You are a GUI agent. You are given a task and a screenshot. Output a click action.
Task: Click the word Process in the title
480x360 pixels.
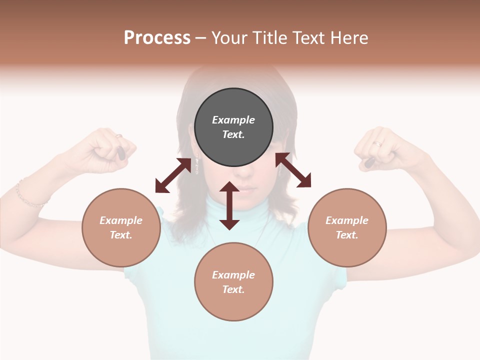(x=157, y=38)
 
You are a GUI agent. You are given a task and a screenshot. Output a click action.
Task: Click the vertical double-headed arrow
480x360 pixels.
(x=229, y=206)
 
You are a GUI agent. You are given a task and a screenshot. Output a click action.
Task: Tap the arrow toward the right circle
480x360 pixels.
(x=293, y=170)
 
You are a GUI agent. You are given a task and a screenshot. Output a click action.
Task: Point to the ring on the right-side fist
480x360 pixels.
(x=377, y=143)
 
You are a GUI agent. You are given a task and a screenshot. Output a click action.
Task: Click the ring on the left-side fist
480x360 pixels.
(x=119, y=135)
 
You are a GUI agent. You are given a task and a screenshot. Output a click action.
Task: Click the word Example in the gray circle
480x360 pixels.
(x=233, y=120)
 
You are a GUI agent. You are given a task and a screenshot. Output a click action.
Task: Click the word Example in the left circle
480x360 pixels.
(x=121, y=220)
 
